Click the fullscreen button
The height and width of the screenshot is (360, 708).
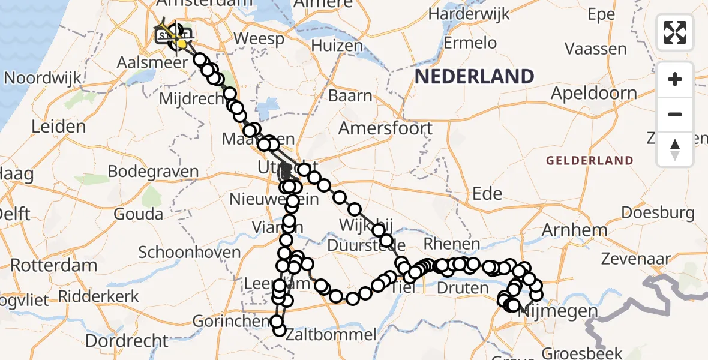point(675,32)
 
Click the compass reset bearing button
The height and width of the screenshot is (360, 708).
point(675,149)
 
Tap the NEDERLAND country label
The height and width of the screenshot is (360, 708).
point(474,77)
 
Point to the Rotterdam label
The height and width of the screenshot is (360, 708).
point(53,265)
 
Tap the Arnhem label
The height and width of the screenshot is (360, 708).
point(566,230)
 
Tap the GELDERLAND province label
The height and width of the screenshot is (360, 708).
point(590,160)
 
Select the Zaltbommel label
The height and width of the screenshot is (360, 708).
point(331,334)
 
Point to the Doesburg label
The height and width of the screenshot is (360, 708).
point(658,212)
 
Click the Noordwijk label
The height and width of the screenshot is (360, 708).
point(43,78)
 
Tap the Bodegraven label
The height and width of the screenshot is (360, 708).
point(153,172)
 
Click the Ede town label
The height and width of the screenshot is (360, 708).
point(487,193)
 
